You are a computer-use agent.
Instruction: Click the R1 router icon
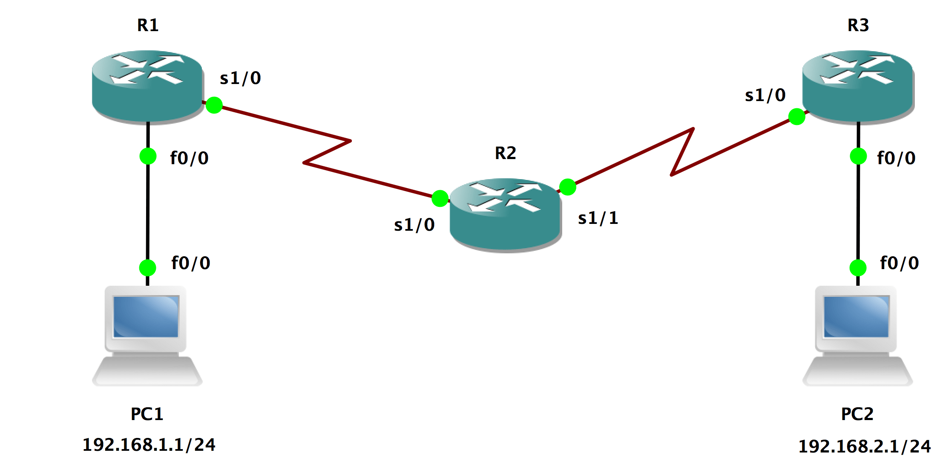click(x=147, y=87)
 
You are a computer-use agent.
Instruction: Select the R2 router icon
click(x=506, y=215)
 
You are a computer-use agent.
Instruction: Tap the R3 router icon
click(x=858, y=87)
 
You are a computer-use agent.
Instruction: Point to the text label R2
click(x=506, y=153)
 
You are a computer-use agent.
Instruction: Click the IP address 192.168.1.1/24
click(x=149, y=445)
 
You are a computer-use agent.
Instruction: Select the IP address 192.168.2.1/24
click(x=865, y=446)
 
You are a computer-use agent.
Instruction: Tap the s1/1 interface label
click(x=598, y=218)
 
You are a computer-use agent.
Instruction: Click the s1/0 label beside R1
click(x=240, y=78)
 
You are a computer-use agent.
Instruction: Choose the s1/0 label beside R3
click(x=765, y=96)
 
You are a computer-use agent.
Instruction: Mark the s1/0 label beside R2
click(x=414, y=225)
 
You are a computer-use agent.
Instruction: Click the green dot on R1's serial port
click(x=214, y=105)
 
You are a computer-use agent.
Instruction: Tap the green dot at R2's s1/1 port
click(x=568, y=187)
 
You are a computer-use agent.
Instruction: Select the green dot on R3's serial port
click(x=797, y=116)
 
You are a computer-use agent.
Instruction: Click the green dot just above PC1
click(x=148, y=268)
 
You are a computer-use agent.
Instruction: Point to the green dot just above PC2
click(x=858, y=268)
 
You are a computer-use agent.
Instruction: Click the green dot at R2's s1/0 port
click(x=440, y=198)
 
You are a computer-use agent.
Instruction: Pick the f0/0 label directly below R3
click(x=896, y=158)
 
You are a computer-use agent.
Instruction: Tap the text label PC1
click(x=147, y=414)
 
